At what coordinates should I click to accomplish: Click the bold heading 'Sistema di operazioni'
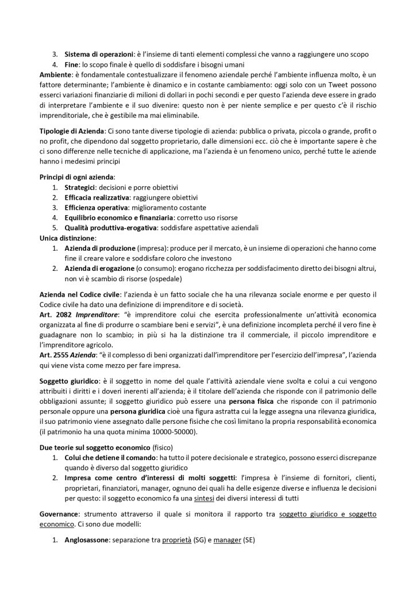click(92, 54)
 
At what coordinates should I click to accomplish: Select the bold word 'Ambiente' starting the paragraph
click(57, 75)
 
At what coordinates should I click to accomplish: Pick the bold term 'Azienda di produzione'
click(98, 248)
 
